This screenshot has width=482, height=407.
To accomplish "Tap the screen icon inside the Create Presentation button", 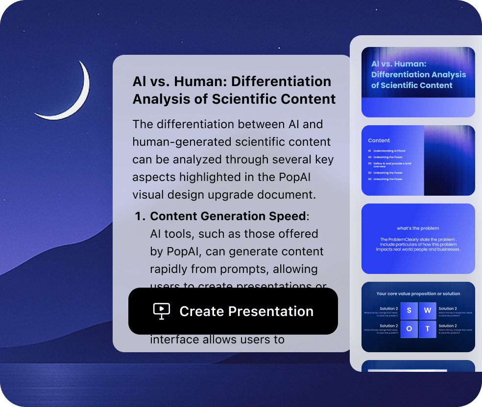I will click(162, 311).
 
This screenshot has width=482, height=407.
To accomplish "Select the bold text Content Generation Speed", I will click(228, 216).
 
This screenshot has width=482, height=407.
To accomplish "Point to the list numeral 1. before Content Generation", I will click(140, 216).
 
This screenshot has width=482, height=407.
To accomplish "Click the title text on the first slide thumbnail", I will click(418, 74).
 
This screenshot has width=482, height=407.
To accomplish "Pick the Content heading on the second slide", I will click(379, 140).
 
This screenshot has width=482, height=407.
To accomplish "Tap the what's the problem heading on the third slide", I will click(418, 228).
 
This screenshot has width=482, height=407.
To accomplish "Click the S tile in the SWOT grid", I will click(409, 310).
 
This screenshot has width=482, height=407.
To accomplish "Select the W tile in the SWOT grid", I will click(427, 310).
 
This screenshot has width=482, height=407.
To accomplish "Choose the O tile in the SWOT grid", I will click(409, 329).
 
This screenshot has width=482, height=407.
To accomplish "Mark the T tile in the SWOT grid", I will click(427, 329).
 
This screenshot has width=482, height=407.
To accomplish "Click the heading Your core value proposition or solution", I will click(418, 294).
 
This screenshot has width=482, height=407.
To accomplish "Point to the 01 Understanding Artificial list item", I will click(387, 151).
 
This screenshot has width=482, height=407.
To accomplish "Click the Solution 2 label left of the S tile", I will click(388, 309).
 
